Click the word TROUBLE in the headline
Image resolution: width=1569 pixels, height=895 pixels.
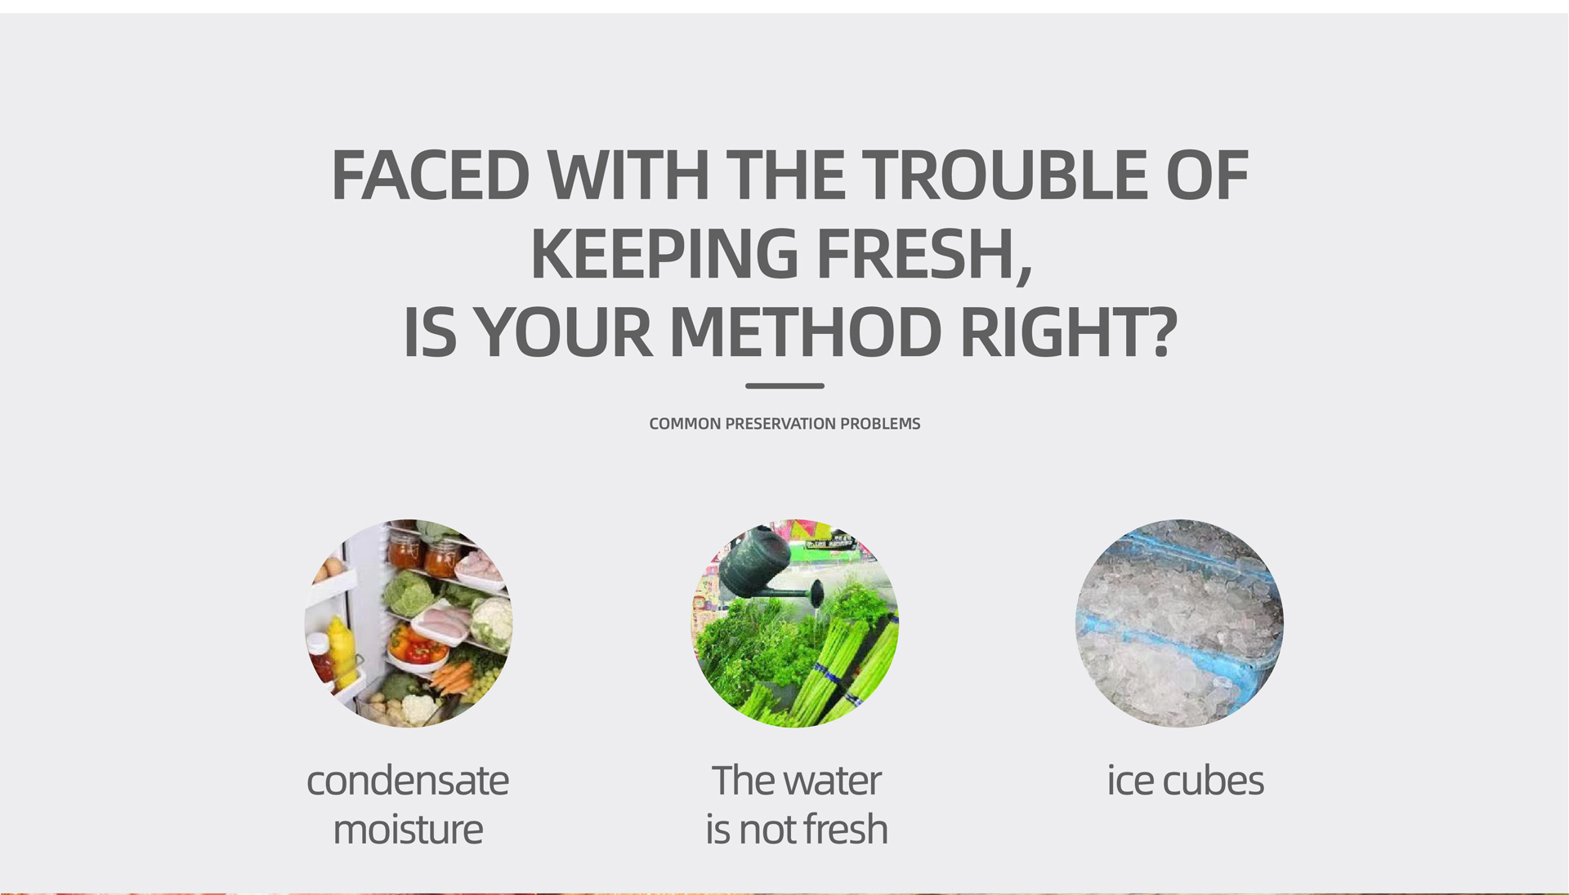click(x=1004, y=175)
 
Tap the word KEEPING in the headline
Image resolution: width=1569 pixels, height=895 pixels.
click(x=664, y=254)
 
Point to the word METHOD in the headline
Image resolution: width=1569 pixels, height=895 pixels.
click(x=805, y=332)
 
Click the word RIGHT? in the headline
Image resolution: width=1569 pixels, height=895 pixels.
click(x=1069, y=332)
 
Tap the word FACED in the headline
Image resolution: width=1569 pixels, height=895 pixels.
click(x=431, y=175)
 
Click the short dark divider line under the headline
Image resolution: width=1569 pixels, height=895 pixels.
click(x=784, y=385)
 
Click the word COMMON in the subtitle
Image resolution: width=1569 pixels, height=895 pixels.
click(x=685, y=424)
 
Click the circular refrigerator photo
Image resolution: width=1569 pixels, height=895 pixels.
click(x=409, y=623)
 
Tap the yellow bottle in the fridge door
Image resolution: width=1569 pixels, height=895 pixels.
click(x=342, y=651)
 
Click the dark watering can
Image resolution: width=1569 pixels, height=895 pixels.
click(x=764, y=567)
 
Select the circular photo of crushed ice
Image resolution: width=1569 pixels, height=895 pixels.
click(x=1179, y=623)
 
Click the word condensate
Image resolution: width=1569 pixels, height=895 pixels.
click(x=408, y=781)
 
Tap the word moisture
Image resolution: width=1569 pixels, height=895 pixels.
click(x=408, y=830)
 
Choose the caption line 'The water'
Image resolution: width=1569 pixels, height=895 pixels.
click(x=796, y=781)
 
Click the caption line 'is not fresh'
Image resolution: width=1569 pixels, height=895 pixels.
click(x=796, y=830)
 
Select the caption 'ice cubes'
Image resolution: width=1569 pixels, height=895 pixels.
click(x=1185, y=781)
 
